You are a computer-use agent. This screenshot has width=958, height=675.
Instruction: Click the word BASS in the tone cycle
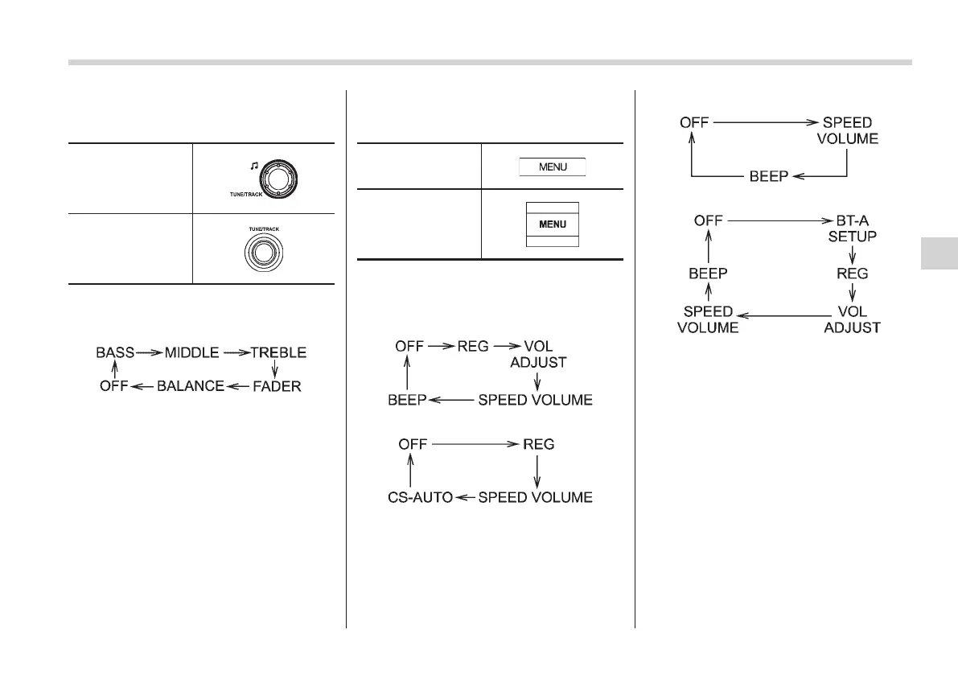coord(115,352)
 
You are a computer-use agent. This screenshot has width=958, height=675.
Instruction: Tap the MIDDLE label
coord(192,352)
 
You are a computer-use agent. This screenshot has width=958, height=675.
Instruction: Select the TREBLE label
coord(278,352)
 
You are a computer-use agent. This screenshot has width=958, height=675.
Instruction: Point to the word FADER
coord(275,386)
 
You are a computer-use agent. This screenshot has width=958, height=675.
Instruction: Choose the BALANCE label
coord(190,386)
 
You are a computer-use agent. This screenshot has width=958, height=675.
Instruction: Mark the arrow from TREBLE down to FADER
coord(275,369)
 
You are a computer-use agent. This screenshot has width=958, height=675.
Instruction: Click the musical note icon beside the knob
coord(253,166)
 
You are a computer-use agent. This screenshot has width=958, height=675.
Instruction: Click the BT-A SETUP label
coord(853,227)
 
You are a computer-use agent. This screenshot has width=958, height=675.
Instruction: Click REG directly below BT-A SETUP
coord(852,273)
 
